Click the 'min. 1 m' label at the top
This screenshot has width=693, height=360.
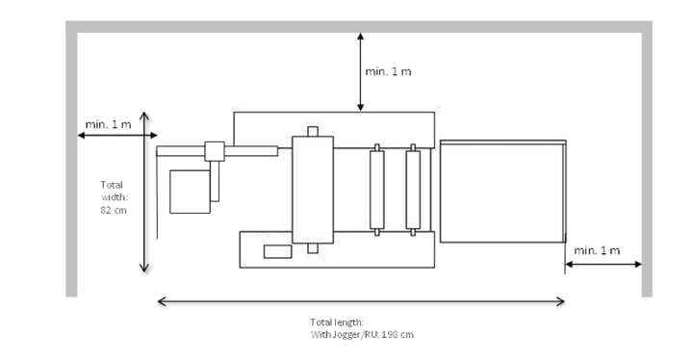point(389,72)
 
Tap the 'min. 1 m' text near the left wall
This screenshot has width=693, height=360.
point(109,124)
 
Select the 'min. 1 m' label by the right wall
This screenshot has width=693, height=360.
point(597,250)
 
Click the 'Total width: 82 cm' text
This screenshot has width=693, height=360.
point(115,196)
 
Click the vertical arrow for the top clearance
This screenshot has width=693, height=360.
point(360,72)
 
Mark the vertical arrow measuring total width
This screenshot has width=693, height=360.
point(144,193)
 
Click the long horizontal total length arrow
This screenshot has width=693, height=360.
point(361,302)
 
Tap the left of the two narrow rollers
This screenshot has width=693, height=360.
point(376,190)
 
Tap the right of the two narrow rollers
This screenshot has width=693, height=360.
point(414,190)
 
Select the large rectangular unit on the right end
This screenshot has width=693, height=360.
point(501,193)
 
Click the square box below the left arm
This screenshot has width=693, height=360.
point(190,192)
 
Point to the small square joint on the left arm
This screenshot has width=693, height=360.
point(214,150)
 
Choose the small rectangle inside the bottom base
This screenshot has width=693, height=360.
point(278,252)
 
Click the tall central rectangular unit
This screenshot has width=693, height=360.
point(313,190)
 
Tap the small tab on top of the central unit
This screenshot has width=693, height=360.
point(312,131)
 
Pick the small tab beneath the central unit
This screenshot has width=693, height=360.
point(312,248)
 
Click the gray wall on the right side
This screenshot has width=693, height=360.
point(647,164)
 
